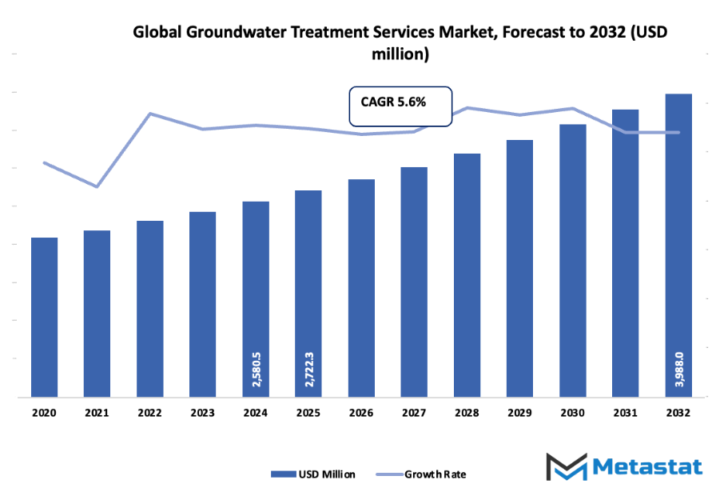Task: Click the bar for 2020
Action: [x=45, y=317]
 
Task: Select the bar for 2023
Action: [x=203, y=304]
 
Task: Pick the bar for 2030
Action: [x=573, y=260]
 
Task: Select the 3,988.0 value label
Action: [x=678, y=368]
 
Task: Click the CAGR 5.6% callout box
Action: [x=400, y=106]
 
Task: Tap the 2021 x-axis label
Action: [x=97, y=413]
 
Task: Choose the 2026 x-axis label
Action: [x=361, y=413]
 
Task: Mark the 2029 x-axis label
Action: [x=519, y=413]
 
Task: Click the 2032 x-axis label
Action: [x=678, y=413]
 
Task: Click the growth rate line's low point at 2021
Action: [x=97, y=186]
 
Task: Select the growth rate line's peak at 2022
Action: [x=150, y=114]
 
